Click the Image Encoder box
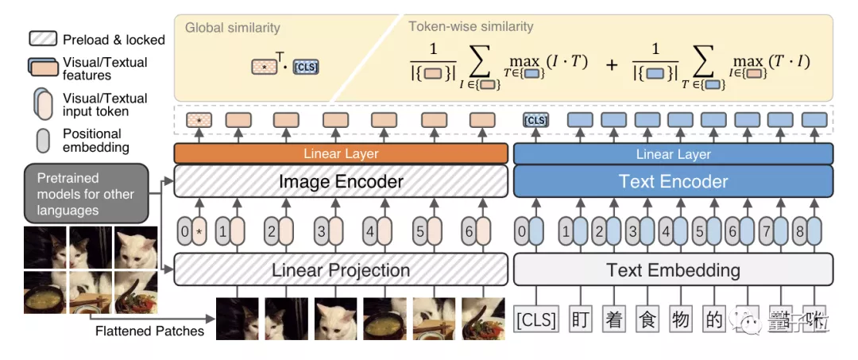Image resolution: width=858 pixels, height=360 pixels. coord(340,181)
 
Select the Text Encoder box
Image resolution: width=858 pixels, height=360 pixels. coord(673,181)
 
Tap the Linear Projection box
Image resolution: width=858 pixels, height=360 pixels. coord(340,269)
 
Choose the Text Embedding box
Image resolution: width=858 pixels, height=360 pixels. coord(673,269)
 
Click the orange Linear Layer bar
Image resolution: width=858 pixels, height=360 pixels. coord(340,153)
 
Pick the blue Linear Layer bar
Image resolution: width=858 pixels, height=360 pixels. coord(673,154)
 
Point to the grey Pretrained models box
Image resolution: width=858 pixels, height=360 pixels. coord(86,194)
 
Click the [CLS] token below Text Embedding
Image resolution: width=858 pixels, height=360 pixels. coord(536,319)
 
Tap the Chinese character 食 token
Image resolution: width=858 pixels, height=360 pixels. coord(646,319)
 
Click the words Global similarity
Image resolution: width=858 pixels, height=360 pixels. coord(232,28)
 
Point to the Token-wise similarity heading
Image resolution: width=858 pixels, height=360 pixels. coord(470,27)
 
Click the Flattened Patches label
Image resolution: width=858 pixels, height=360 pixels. coord(149,331)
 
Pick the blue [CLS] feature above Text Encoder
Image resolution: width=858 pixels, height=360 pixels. coord(535,121)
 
